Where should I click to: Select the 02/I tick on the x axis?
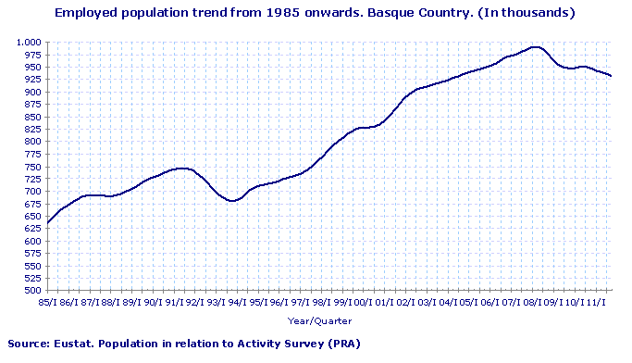[404, 302]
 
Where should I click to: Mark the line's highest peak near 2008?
[535, 47]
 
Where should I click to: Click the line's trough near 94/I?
[231, 200]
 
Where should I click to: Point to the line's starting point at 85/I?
[47, 222]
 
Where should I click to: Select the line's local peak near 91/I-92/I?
[182, 168]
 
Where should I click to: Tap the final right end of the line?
[611, 76]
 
